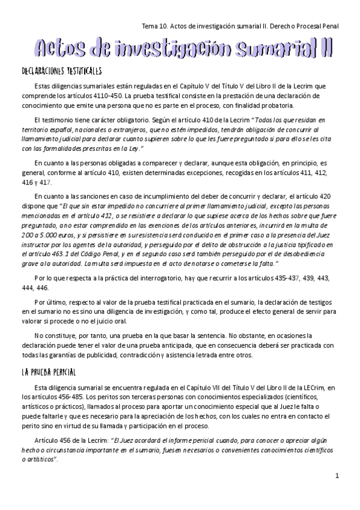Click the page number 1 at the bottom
pos(337,476)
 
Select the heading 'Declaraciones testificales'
pos(61,71)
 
